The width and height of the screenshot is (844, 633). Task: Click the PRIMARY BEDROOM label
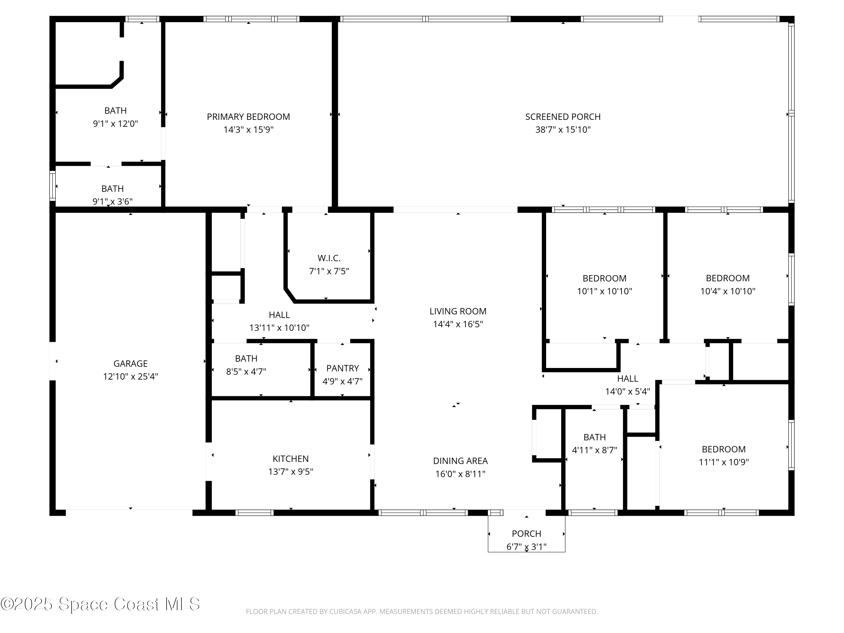[x=248, y=117]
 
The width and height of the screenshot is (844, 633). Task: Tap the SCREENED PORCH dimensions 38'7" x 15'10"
[x=563, y=130]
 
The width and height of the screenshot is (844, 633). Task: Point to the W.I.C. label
[x=329, y=258]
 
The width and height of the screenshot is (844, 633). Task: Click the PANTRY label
[x=342, y=368]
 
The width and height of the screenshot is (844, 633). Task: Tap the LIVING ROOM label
[x=457, y=311]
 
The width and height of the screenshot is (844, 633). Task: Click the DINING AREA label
[x=460, y=461]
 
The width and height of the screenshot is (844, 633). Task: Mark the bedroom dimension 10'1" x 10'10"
[x=604, y=291]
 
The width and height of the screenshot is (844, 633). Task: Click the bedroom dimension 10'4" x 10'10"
[x=727, y=291]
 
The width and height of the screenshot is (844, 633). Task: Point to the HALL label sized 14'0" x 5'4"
[x=627, y=378]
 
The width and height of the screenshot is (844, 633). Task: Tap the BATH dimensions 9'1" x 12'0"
[x=115, y=124]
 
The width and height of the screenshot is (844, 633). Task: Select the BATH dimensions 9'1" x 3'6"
[x=112, y=201]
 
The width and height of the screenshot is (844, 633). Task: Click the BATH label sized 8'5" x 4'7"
[x=246, y=359]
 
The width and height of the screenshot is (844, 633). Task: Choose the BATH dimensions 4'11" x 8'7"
[x=594, y=450]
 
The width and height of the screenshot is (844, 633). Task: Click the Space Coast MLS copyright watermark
[x=100, y=604]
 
